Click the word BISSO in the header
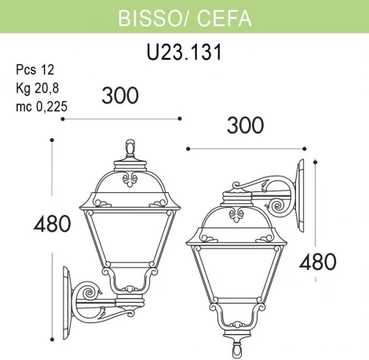tap(144, 18)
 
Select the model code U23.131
tap(184, 53)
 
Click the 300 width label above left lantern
tap(120, 95)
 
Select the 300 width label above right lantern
tap(244, 124)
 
